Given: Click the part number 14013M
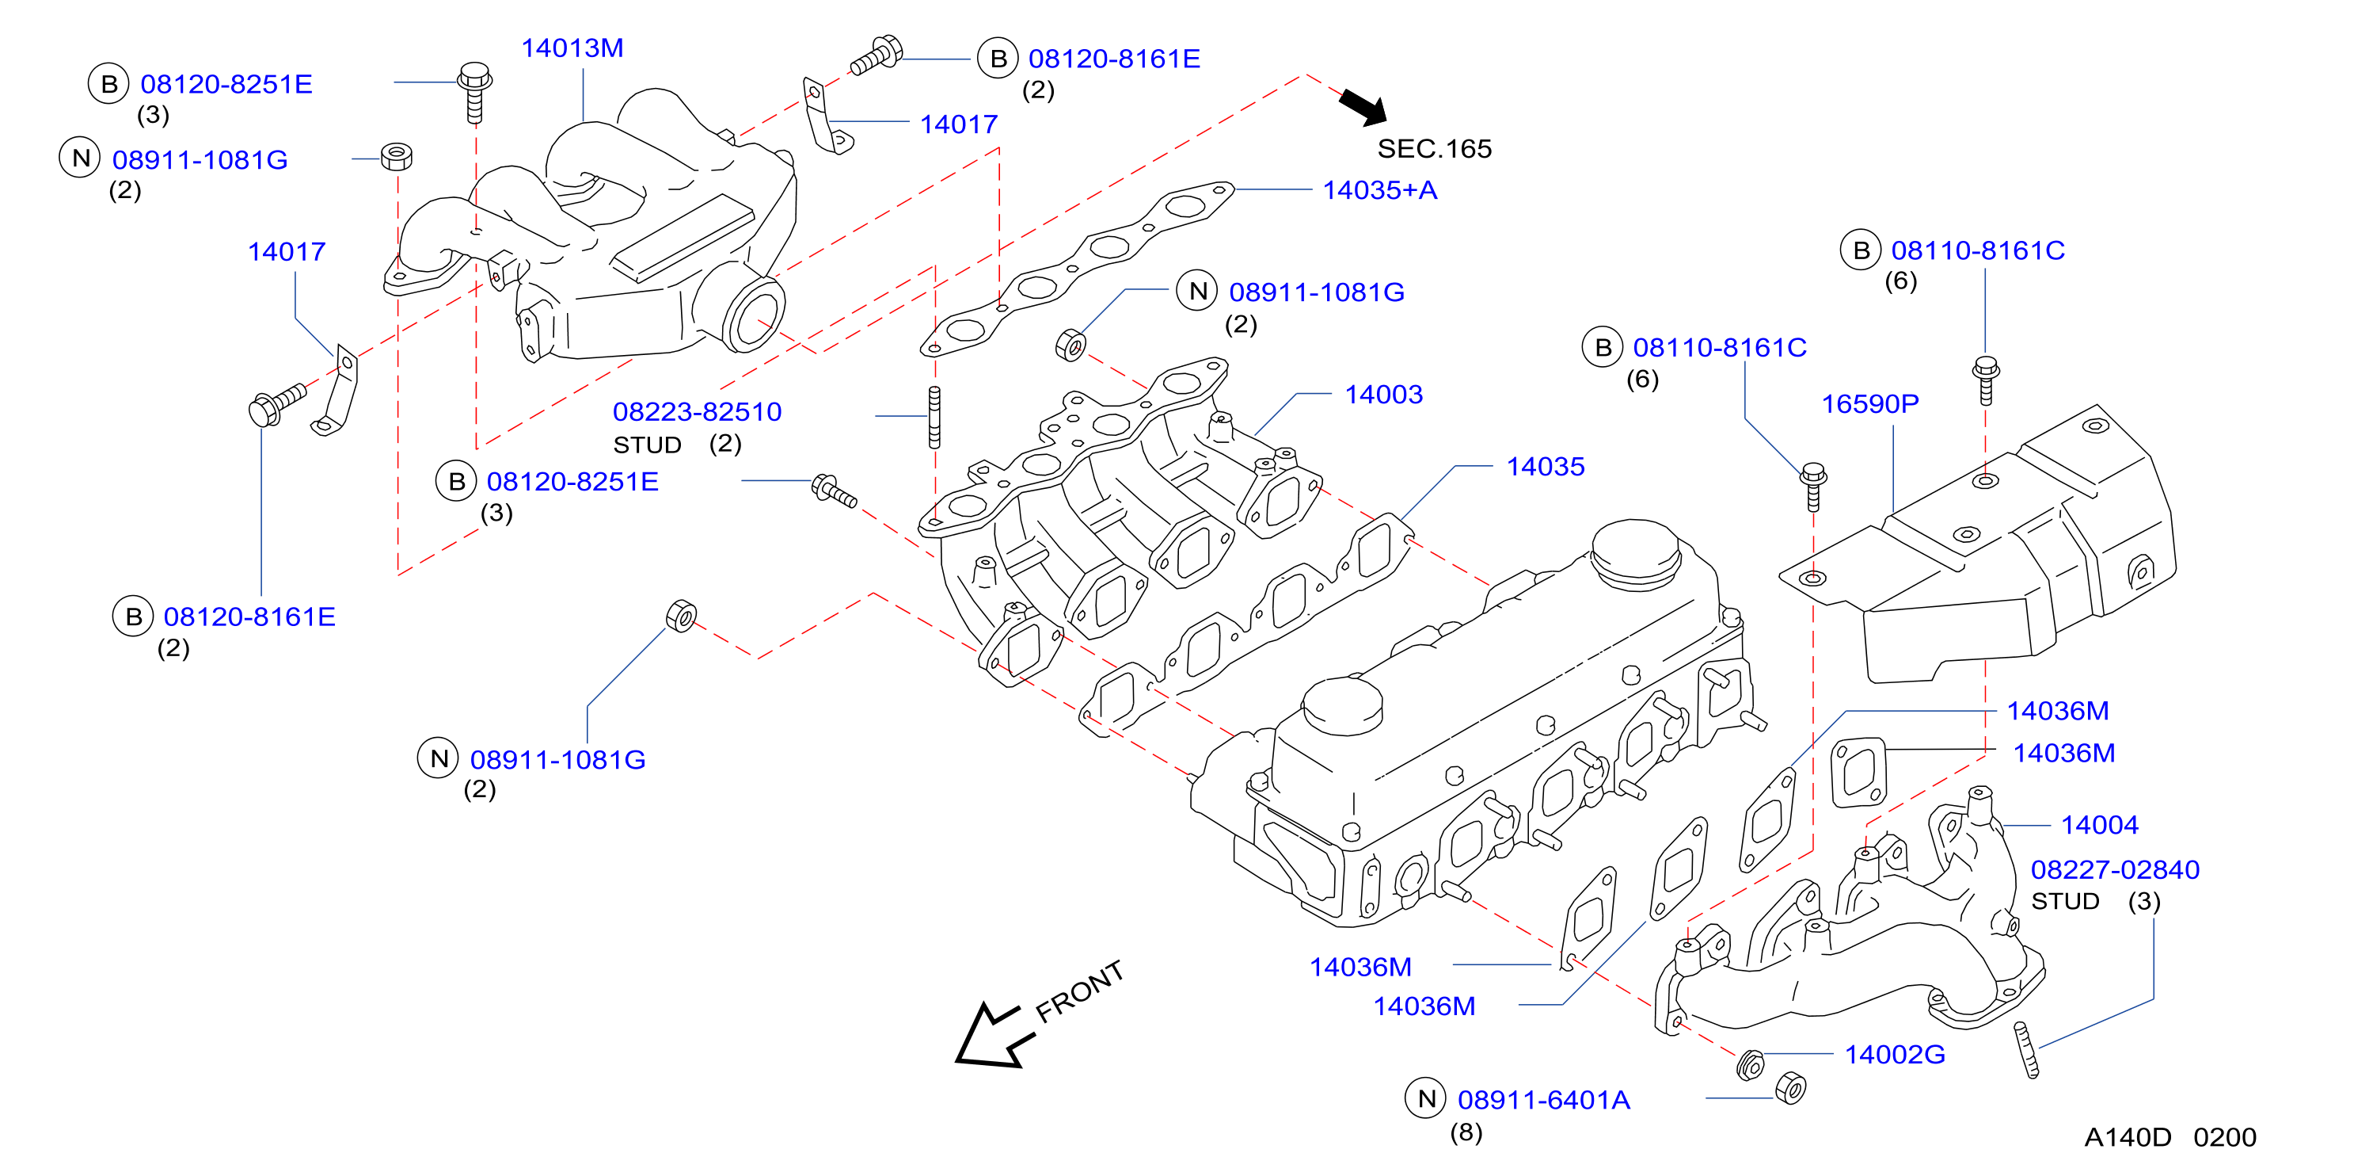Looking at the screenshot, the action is pos(572,48).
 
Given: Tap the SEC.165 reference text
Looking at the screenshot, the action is pos(1434,148).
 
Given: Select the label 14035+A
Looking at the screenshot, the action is pos(1380,190).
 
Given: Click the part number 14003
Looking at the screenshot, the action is pos(1383,395).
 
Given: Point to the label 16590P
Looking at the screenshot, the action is pos(1870,403).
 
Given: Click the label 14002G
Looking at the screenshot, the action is pos(1895,1054).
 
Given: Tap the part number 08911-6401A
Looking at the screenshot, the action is pos(1544,1099).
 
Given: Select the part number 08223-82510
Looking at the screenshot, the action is pos(698,412).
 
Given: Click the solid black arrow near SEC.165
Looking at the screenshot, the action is pos(1364,107).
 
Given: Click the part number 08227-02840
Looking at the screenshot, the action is pos(2115,869).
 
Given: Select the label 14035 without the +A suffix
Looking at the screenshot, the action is pos(1545,466).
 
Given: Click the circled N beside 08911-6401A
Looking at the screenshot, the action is pos(1426,1098).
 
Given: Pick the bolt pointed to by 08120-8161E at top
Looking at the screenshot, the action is pos(876,55).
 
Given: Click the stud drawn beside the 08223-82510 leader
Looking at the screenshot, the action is pos(934,418).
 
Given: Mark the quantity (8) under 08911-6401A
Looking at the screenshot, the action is pos(1466,1132).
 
